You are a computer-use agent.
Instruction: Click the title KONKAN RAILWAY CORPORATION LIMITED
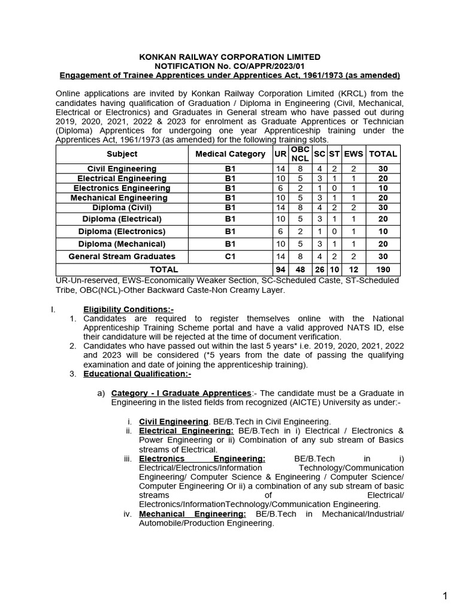click(229, 57)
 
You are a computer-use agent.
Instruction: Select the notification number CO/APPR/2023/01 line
click(229, 66)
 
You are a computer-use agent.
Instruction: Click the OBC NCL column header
click(300, 154)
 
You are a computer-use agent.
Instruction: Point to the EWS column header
click(353, 154)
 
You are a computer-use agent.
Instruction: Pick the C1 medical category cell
click(231, 256)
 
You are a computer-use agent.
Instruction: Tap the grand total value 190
click(383, 269)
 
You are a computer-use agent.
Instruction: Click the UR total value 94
click(280, 269)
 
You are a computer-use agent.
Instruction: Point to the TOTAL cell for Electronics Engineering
click(383, 188)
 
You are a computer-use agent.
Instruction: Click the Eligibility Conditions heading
click(128, 309)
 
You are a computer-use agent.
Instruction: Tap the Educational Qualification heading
click(137, 374)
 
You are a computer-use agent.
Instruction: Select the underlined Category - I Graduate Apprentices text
click(181, 393)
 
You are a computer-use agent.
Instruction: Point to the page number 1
click(444, 596)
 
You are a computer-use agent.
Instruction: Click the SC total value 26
click(319, 269)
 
